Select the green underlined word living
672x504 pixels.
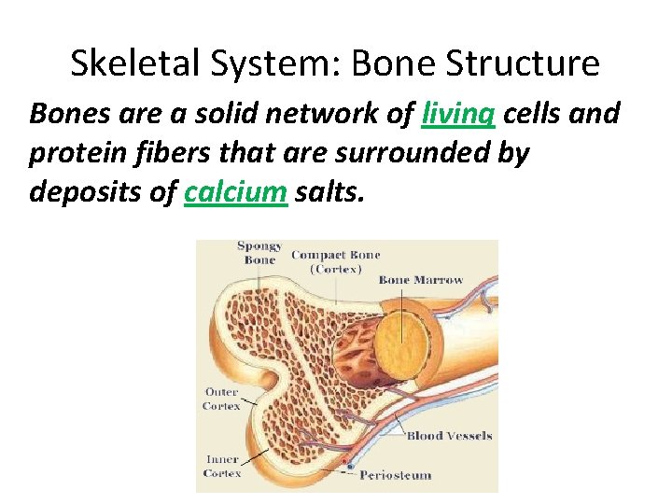click(x=458, y=114)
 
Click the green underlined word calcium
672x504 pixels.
click(x=235, y=192)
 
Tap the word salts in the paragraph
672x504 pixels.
click(x=329, y=192)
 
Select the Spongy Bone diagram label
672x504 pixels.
click(x=259, y=253)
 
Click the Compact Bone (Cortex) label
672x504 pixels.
click(x=336, y=260)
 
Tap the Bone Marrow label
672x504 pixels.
click(x=421, y=280)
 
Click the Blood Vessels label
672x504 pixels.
click(x=449, y=436)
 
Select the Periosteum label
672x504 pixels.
click(x=396, y=474)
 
